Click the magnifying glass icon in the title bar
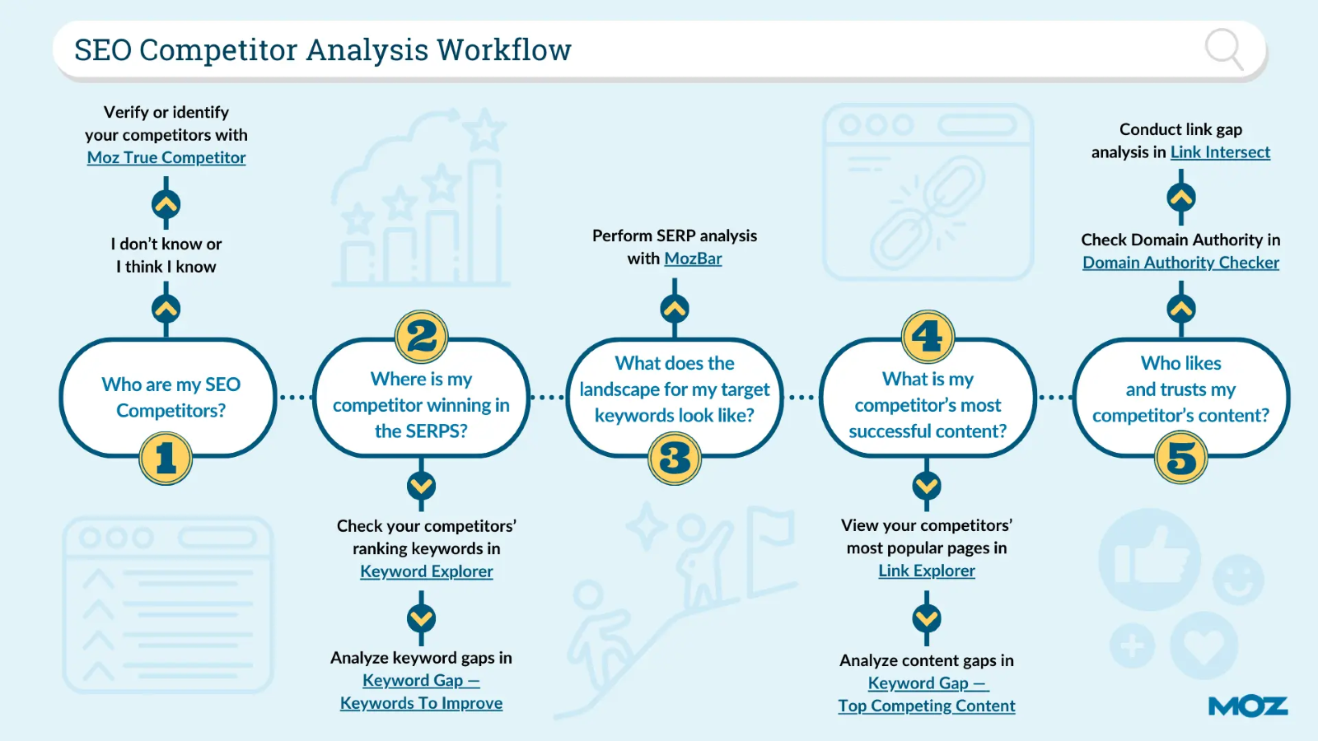point(1224,49)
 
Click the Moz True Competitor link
point(166,157)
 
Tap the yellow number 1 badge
point(166,458)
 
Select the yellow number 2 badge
point(421,337)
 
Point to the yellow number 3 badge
point(675,458)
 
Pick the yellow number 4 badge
point(928,337)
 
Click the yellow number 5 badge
point(1181,458)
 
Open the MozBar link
point(693,259)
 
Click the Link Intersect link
point(1220,152)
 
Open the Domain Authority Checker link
point(1181,263)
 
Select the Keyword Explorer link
point(427,571)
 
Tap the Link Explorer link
point(927,571)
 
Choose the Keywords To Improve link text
point(421,703)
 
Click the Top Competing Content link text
point(927,706)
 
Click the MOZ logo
point(1248,706)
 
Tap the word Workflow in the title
point(503,49)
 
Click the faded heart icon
point(1203,645)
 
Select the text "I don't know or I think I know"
point(166,255)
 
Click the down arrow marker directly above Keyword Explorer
point(421,487)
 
